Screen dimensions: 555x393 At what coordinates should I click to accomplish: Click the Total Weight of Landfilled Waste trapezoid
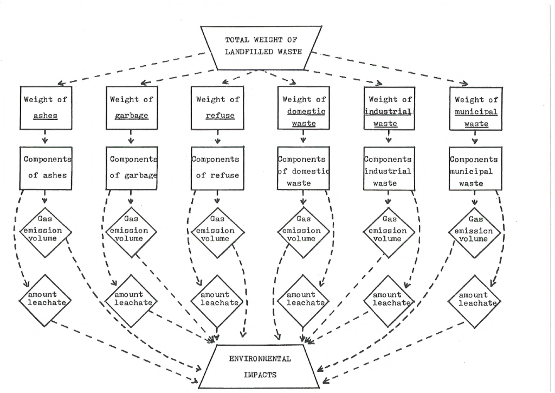261,47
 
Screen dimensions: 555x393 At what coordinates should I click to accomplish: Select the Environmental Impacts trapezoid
260,367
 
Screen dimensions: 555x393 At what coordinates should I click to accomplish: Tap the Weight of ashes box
46,107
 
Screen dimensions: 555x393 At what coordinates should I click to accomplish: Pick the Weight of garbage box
132,107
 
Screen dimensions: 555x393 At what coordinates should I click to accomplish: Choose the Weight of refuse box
217,107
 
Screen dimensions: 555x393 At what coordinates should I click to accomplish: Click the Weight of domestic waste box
304,108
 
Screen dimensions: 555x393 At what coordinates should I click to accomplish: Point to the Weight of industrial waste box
389,109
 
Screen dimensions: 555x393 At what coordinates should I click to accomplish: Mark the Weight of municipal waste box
476,109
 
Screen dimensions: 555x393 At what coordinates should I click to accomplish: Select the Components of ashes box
46,168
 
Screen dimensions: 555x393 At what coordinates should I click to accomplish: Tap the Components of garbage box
132,168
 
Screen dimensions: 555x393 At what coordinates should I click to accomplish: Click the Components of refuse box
217,169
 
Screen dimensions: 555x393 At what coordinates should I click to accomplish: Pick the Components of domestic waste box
304,169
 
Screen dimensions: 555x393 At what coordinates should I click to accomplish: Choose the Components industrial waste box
389,169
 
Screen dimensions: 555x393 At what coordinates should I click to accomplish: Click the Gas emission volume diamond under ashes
46,232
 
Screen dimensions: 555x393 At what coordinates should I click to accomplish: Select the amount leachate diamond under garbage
131,301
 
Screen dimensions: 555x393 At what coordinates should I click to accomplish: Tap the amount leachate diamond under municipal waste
475,302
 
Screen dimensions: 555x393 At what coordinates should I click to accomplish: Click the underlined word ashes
46,116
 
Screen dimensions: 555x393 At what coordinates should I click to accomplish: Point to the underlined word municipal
476,112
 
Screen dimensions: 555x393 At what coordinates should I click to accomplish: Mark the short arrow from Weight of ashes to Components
45,137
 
